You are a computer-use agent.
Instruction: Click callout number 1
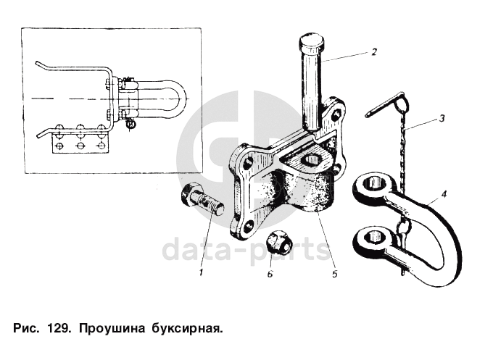coord(202,272)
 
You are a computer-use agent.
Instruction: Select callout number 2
coord(374,51)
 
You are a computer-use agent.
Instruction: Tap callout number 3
coord(442,119)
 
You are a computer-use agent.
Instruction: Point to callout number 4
coord(444,194)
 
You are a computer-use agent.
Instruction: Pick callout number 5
coord(334,274)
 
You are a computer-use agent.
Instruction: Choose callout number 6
coord(270,274)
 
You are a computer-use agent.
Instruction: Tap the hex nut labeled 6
coord(280,242)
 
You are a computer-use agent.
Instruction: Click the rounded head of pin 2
coord(311,41)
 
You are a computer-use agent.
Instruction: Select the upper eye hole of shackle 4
coord(375,183)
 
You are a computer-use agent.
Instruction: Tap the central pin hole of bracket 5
coord(311,160)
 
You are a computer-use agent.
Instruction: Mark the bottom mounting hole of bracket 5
coord(249,226)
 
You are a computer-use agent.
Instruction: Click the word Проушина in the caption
coord(112,329)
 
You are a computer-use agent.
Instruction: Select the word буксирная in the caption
coord(187,330)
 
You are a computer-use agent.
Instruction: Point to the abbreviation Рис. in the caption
coord(26,329)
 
